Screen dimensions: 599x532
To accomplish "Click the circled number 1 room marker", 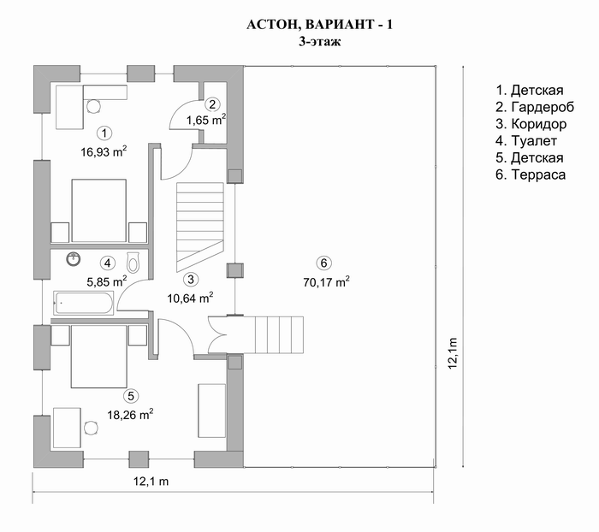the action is tap(104, 133).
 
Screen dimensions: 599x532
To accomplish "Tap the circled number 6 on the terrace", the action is tap(324, 263).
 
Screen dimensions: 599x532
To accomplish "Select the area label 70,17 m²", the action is tap(326, 281).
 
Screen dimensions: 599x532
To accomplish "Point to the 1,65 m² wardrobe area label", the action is tap(206, 120).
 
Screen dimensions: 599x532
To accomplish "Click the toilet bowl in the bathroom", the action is tap(133, 263).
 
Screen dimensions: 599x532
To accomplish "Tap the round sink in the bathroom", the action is tap(74, 259).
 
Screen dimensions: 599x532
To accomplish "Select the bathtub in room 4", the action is tap(84, 303).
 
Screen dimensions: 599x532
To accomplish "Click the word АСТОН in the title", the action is tap(270, 25).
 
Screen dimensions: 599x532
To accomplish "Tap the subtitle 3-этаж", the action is tap(320, 41).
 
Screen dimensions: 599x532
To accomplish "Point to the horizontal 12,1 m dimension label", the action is tap(151, 482).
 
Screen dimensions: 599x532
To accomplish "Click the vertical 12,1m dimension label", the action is tap(453, 353).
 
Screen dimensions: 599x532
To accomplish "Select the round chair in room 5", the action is tap(91, 428).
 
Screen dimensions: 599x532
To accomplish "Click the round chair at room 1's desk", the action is tap(93, 106).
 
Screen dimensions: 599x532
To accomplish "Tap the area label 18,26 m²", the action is tap(130, 414).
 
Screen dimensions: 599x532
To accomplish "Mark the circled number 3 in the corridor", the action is tap(191, 279).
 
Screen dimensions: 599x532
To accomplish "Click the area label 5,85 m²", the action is tap(107, 281).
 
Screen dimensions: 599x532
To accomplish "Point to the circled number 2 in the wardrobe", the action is tap(212, 103).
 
